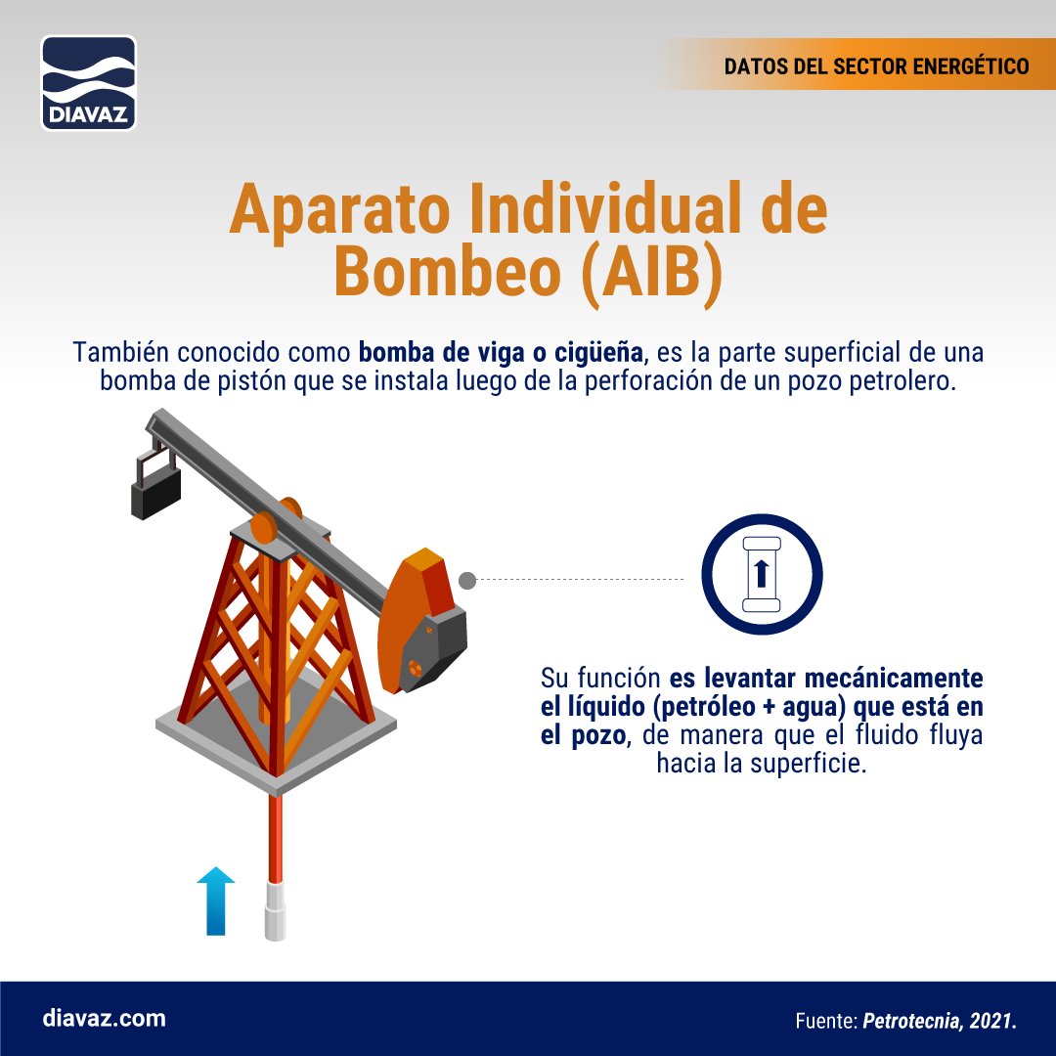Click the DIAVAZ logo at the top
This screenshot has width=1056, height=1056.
coord(88,83)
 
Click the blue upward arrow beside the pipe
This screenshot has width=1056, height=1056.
coord(216,901)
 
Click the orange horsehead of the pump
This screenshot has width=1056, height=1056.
coord(417,616)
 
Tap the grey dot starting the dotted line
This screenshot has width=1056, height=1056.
coord(467,581)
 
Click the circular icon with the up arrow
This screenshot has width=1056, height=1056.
coord(762,574)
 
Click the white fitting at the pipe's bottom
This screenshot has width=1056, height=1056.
coord(276,910)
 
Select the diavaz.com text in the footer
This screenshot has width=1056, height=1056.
coord(105,1018)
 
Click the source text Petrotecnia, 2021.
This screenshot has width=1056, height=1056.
coord(940,1022)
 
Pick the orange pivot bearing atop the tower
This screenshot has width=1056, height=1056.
coord(264,527)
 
